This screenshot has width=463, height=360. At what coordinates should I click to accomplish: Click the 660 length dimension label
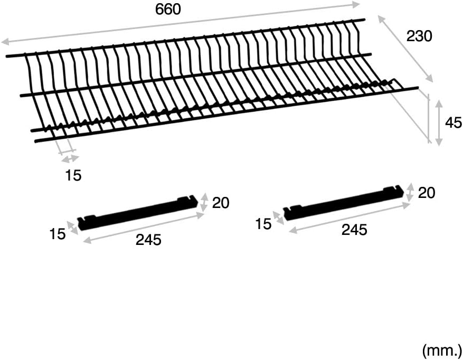pos(168,9)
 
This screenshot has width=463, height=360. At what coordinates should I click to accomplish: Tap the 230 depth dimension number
pos(419,36)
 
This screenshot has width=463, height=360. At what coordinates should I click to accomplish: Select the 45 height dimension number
pos(453,122)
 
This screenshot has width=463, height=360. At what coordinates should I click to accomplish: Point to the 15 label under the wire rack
pos(73,175)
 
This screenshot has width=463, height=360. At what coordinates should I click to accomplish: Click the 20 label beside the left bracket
pos(221,203)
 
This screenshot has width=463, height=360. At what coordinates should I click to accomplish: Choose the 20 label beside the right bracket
pos(427,193)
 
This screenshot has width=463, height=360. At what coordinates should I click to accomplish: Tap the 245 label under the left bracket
pos(148,240)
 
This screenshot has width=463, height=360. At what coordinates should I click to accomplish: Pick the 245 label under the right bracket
pos(354,230)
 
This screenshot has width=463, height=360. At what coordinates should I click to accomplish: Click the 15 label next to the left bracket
pos(58,234)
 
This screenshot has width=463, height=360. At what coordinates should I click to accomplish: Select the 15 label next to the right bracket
pos(263,224)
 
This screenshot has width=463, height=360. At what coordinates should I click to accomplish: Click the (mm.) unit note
pos(442,350)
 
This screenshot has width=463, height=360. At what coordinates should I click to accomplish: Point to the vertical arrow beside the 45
pos(439,123)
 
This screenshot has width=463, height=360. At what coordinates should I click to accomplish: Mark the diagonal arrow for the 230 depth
pos(405,49)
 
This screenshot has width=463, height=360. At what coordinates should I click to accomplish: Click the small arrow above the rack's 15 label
pos(70,159)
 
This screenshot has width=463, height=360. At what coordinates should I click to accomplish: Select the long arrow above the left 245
pos(144,228)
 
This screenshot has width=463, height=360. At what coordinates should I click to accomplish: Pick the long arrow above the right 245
pos(349,218)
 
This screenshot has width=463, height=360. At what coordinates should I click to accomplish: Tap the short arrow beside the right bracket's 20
pos(410,192)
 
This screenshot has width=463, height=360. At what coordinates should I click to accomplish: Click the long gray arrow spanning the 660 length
pos(181,23)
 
